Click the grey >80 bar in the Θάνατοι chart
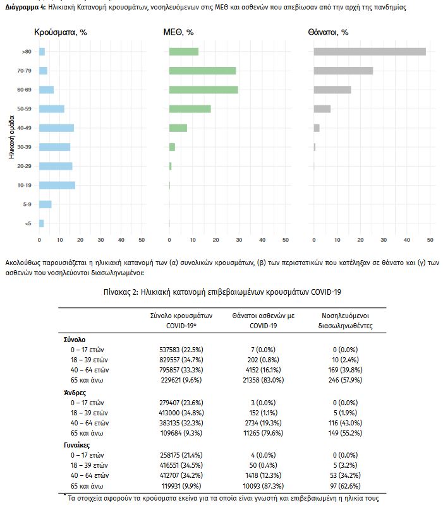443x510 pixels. (370, 52)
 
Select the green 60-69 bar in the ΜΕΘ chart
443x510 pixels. (203, 90)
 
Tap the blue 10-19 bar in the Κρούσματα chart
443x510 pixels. (57, 185)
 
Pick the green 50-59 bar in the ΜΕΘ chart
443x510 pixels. (190, 109)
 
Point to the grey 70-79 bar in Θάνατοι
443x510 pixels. (343, 71)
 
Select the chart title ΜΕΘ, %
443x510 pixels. (179, 32)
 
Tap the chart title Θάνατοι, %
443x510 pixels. (329, 32)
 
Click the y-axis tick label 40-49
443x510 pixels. (25, 128)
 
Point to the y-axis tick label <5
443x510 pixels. (28, 223)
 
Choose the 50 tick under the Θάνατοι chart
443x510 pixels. (430, 240)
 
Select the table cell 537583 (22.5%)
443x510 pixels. (181, 348)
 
